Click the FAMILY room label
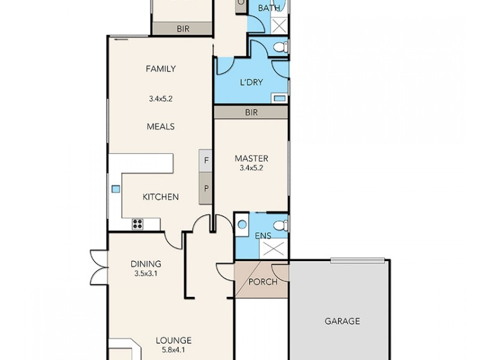(x=161, y=68)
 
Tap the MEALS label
(x=161, y=127)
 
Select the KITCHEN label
(x=160, y=197)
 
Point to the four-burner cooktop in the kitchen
(x=137, y=224)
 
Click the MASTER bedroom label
(x=251, y=158)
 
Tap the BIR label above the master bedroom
(x=251, y=112)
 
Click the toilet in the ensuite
(x=283, y=225)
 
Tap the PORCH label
(x=262, y=281)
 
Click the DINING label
(x=146, y=263)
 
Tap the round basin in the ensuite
(x=241, y=224)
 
